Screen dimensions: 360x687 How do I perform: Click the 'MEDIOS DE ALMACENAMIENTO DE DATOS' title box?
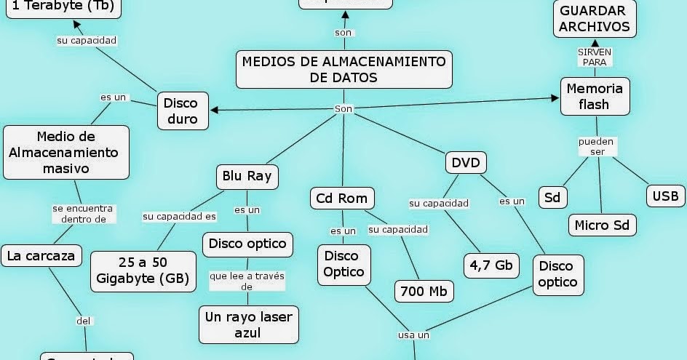pos(343,69)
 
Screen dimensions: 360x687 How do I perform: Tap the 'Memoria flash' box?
pos(594,96)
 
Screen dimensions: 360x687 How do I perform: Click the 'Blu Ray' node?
pos(247,177)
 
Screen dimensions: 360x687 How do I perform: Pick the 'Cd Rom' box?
pos(342,198)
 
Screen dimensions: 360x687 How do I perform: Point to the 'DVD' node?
pos(466,162)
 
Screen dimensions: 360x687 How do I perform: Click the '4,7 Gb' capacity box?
pos(491,265)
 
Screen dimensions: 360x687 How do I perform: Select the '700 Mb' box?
pos(424,291)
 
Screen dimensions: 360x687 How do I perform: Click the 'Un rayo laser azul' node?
pos(249,324)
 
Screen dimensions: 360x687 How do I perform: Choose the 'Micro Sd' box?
pos(601,225)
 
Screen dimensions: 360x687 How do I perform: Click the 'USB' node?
pos(665,196)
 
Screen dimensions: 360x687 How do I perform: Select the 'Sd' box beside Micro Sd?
pos(553,197)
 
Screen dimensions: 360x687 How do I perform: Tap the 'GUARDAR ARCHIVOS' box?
pos(594,19)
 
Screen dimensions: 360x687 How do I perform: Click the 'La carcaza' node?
pos(41,255)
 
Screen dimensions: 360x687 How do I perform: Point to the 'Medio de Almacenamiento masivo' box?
pos(66,152)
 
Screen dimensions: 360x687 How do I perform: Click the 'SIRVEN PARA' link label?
pos(594,57)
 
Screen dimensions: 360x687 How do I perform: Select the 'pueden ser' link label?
pos(597,146)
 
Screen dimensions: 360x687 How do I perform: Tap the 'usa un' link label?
pos(413,335)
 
